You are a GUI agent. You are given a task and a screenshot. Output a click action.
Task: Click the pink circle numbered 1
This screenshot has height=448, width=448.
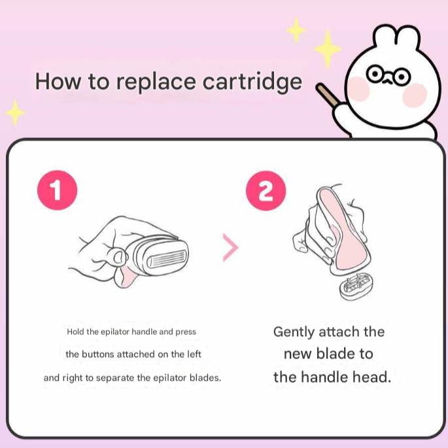[57, 190]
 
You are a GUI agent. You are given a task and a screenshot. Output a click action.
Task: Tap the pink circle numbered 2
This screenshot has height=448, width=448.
[266, 190]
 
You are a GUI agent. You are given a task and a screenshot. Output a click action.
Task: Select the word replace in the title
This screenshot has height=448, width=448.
[156, 83]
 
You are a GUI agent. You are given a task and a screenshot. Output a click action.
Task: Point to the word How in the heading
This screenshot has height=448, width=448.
[58, 82]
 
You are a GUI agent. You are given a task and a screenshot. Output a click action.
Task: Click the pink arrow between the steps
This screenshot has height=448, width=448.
[230, 247]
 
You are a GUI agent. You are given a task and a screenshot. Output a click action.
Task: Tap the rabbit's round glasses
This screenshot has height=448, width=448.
[388, 75]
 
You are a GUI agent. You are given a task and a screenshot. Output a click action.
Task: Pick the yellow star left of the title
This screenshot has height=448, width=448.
[15, 112]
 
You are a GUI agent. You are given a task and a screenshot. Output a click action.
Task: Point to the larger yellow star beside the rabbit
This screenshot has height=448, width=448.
[328, 49]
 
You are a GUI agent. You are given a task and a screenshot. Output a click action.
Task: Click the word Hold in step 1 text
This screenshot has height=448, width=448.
[75, 332]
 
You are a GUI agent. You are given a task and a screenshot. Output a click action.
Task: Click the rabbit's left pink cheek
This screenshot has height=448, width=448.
[359, 89]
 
